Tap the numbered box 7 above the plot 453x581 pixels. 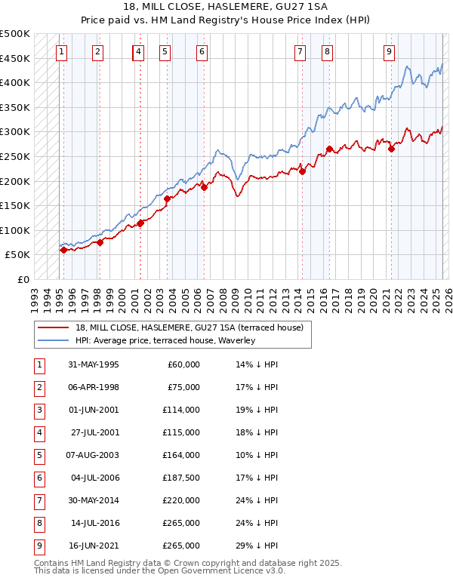coord(300,52)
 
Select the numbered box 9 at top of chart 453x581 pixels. coord(388,52)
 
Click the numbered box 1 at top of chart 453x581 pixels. coord(61,52)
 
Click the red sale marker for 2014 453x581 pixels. coord(302,171)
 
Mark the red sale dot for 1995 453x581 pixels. coord(63,250)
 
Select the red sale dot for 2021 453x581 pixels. coord(391,149)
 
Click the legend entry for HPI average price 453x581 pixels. coord(165,341)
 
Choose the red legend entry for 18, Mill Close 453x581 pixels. coord(189,327)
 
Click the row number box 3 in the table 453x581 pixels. coord(38,410)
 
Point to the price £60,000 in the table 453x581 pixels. coord(183,364)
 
